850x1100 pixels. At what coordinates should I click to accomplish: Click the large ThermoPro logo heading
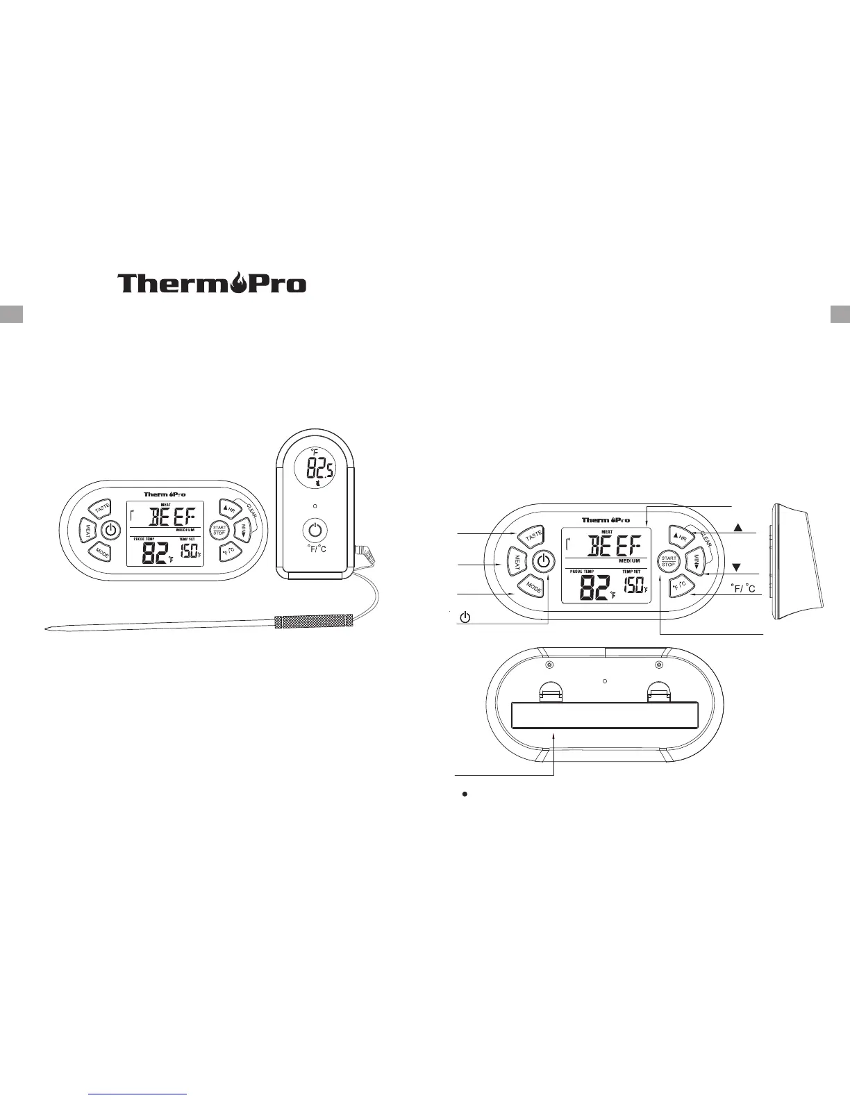pos(212,283)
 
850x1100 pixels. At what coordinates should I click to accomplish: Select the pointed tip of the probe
pos(47,629)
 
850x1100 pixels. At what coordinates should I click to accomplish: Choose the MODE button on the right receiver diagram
pos(533,587)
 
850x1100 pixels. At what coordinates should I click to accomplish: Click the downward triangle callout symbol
pos(739,566)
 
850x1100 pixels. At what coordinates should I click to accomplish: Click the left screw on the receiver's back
pos(549,666)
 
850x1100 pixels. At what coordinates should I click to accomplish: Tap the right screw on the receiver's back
pos(659,666)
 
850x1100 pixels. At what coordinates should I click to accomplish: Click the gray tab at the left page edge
pos(12,313)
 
